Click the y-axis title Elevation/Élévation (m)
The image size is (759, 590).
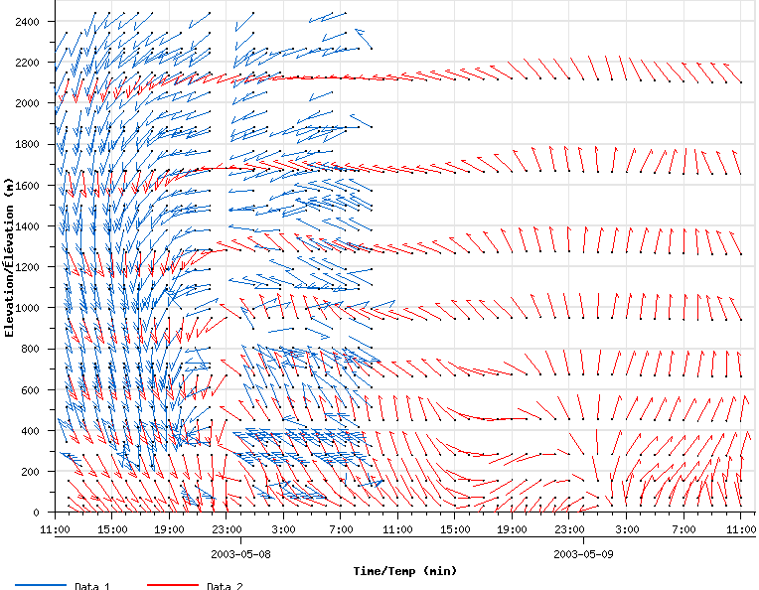coord(9,258)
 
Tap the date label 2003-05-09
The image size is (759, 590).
coord(582,553)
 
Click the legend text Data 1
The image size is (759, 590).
coord(91,586)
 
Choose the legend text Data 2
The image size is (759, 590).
coord(225,586)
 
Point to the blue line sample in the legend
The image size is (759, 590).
coord(40,586)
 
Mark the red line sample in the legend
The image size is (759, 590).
coord(172,586)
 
